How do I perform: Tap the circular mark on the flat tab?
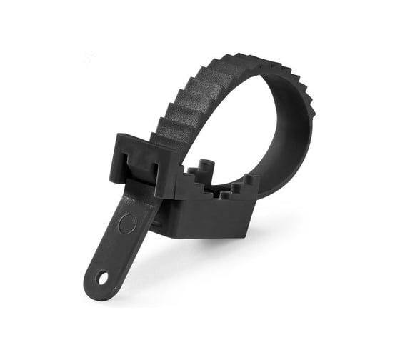click(x=126, y=224)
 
